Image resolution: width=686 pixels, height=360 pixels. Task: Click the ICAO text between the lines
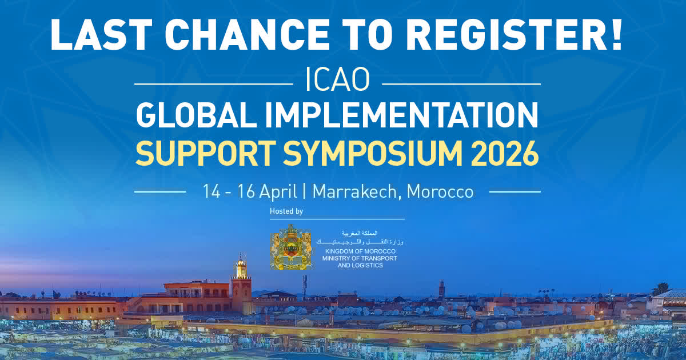338,82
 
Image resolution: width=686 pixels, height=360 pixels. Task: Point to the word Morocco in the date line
441,192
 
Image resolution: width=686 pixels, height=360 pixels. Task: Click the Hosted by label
286,211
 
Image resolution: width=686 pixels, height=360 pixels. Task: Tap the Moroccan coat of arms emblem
291,247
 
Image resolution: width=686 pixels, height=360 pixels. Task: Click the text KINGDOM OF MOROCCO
360,251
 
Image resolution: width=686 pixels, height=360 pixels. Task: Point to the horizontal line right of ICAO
460,83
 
